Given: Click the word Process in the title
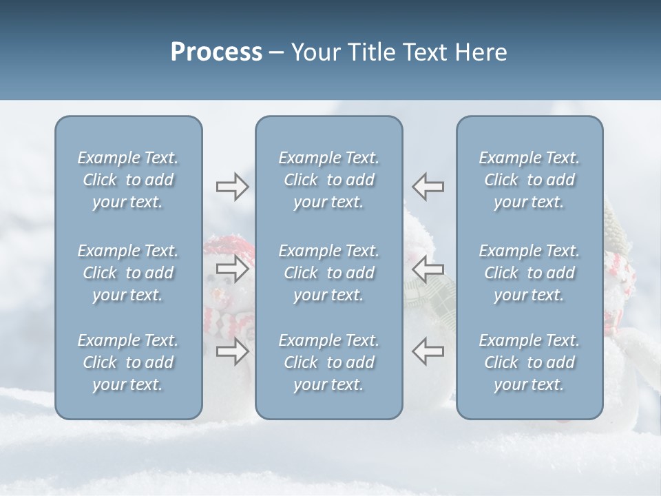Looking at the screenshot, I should pyautogui.click(x=216, y=52).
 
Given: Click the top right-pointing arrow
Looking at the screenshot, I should pyautogui.click(x=233, y=187).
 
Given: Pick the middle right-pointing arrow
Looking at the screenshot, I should pyautogui.click(x=233, y=269).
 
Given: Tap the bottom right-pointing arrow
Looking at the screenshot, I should pyautogui.click(x=233, y=351).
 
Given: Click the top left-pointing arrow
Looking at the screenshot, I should pyautogui.click(x=428, y=187).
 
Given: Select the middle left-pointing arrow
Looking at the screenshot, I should pyautogui.click(x=428, y=269).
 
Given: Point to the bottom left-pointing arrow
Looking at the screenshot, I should pyautogui.click(x=428, y=351).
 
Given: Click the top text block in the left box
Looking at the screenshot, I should pyautogui.click(x=128, y=180).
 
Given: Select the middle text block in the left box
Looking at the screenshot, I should pyautogui.click(x=128, y=273).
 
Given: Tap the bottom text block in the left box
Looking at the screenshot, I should pyautogui.click(x=128, y=362).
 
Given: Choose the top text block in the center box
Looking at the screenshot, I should pyautogui.click(x=328, y=180).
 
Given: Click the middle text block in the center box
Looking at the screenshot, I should pyautogui.click(x=328, y=273).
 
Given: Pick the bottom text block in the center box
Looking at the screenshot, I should pyautogui.click(x=328, y=362).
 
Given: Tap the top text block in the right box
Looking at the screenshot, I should pyautogui.click(x=529, y=180).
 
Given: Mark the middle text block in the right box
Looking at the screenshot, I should pyautogui.click(x=529, y=273).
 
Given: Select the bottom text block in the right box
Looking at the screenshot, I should pyautogui.click(x=529, y=362).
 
